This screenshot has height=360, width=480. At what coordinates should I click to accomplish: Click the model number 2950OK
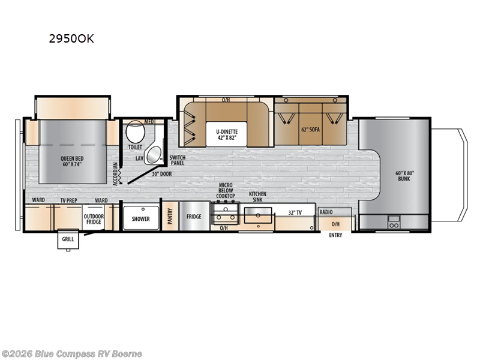coord(71,40)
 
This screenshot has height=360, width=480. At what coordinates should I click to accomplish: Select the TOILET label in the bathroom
coord(135,147)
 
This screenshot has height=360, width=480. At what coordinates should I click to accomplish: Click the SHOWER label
coord(141,219)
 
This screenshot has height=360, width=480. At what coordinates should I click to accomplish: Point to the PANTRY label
coord(170,215)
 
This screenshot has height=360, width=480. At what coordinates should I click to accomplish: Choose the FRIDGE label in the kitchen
coord(193,217)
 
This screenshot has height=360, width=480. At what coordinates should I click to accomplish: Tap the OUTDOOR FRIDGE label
coord(94,220)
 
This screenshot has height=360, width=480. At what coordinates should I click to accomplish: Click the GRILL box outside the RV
coord(66,240)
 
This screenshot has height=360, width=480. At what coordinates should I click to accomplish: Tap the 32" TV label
coord(295,213)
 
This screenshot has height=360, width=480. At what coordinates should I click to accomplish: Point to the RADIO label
coord(326,212)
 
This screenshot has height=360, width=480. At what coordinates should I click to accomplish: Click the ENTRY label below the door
coord(335,235)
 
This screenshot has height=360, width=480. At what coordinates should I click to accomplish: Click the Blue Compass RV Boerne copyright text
coord(71,353)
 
